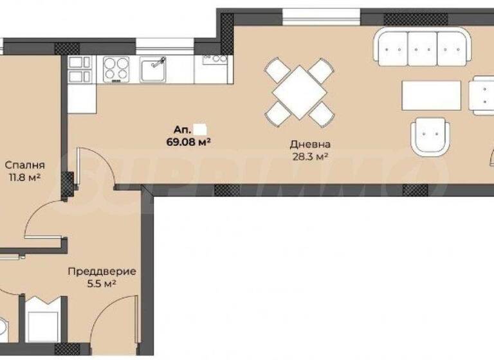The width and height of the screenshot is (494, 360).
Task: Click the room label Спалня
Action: pyautogui.click(x=21, y=164)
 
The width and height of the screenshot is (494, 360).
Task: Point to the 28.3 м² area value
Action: pyautogui.click(x=309, y=157)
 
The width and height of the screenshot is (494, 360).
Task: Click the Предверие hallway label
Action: pyautogui.click(x=94, y=271)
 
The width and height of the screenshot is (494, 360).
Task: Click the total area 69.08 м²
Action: pyautogui.click(x=190, y=140)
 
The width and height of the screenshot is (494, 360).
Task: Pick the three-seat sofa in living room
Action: pyautogui.click(x=421, y=48)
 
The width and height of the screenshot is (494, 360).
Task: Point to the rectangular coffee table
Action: pyautogui.click(x=432, y=96)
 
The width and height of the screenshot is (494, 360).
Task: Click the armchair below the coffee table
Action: pyautogui.click(x=430, y=136)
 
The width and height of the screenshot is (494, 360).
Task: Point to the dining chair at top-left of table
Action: pyautogui.click(x=276, y=69)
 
